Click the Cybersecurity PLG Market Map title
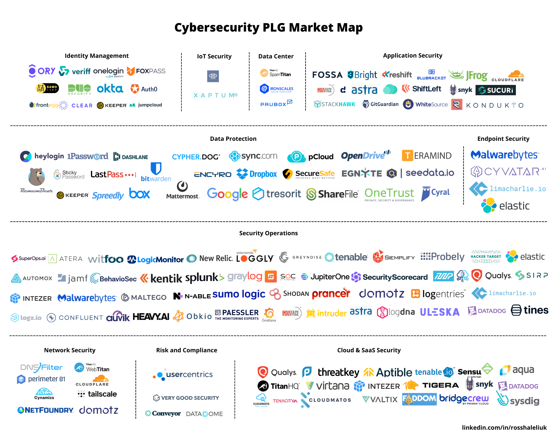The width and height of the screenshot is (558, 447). (268, 28)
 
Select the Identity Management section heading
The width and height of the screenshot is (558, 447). (97, 56)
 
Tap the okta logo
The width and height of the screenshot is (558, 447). (110, 89)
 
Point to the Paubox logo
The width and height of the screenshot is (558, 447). (276, 104)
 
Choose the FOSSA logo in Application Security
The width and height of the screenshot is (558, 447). (327, 75)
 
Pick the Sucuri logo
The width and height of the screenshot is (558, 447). (496, 90)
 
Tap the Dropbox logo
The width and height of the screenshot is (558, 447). (257, 174)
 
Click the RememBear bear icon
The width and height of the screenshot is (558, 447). (37, 177)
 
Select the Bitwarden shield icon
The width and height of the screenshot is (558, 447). (156, 168)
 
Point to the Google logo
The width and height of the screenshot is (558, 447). (227, 194)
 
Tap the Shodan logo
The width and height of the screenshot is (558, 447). (289, 294)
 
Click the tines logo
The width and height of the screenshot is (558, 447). (530, 310)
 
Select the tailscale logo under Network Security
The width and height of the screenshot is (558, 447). (97, 394)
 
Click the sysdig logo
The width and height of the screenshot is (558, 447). (518, 400)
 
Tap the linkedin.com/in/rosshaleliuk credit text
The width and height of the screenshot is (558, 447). (504, 427)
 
